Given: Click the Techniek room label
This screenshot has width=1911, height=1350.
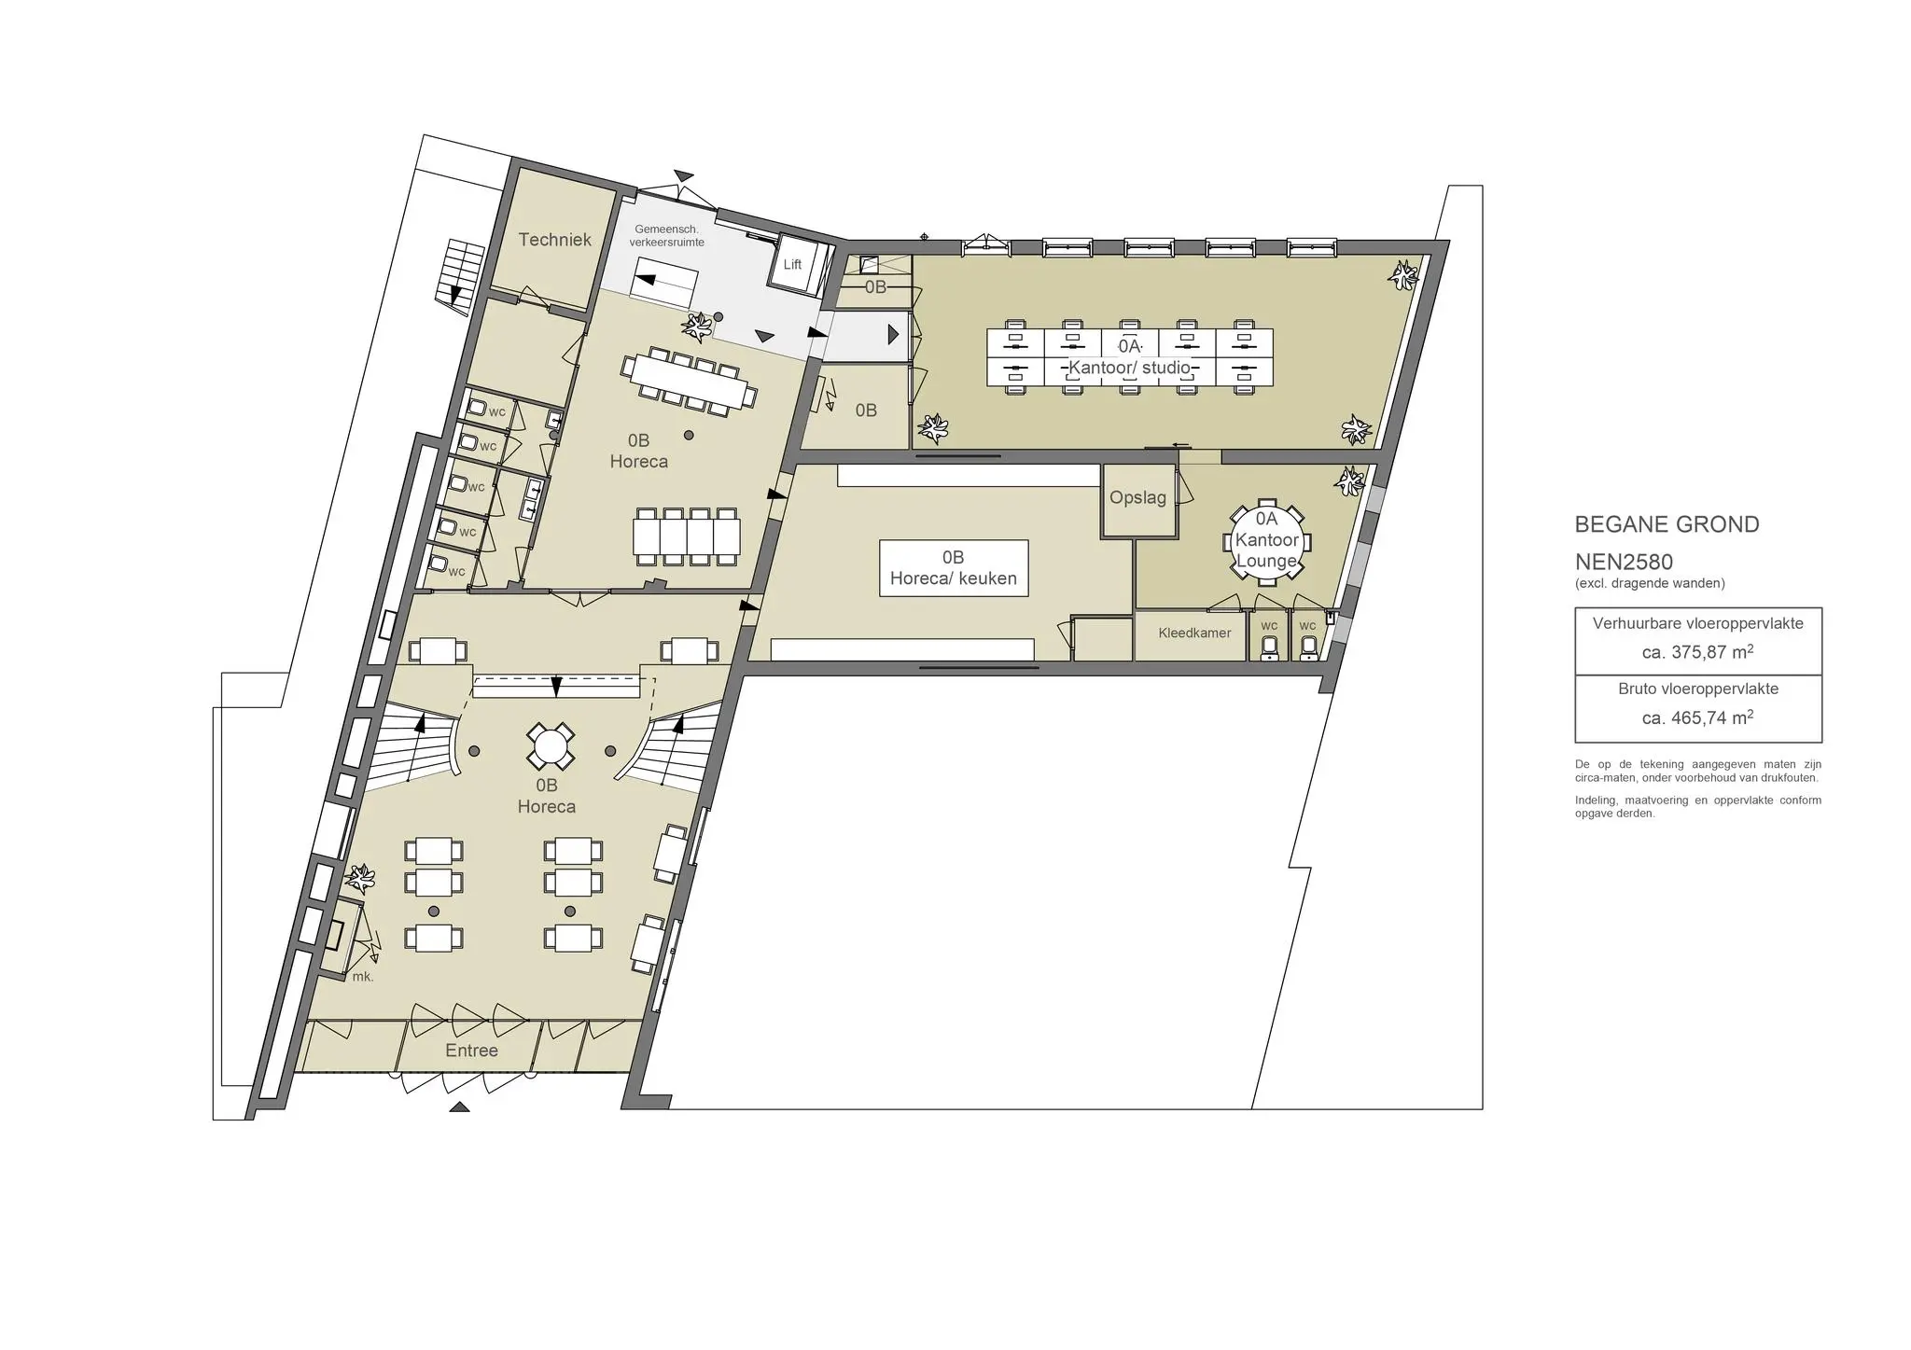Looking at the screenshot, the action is pos(554,240).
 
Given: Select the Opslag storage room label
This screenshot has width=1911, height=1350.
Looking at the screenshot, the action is pos(1137,498).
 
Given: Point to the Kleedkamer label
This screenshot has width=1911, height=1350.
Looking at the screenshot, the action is pos(1194,633).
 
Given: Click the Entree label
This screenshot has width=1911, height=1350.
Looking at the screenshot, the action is pos(471,1051).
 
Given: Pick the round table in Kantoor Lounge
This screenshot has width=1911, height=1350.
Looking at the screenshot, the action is pos(1266,542).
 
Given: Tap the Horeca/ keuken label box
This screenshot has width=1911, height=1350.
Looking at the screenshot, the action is pos(953,568).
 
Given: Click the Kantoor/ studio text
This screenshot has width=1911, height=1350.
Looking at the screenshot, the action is pos(1129,368).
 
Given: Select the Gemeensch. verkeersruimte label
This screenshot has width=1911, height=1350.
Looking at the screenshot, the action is pos(666,236).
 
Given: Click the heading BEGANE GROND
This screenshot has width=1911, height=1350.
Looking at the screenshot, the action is pos(1667,525).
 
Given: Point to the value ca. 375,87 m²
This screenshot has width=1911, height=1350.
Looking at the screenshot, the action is pos(1697,652).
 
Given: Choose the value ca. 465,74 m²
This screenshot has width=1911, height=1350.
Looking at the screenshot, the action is pos(1697,717).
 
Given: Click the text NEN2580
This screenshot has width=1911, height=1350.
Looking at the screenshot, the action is pos(1624,563).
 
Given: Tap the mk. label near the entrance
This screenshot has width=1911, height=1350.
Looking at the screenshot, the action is pos(363,977).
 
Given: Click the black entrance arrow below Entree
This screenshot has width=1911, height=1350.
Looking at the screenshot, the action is pos(459,1107).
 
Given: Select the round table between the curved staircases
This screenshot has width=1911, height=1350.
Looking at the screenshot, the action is pos(550,747).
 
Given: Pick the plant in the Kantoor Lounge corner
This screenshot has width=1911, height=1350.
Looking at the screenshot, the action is pos(1348,481).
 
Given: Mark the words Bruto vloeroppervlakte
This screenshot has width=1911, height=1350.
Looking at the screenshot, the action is pos(1698,689).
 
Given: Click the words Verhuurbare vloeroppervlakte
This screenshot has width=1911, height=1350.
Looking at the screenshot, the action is pos(1698,623).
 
